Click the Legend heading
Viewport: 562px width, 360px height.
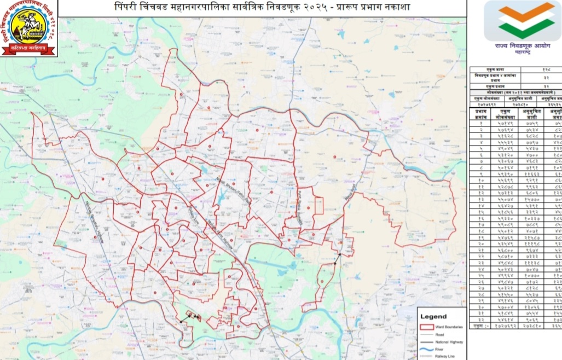(x=434, y=316)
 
